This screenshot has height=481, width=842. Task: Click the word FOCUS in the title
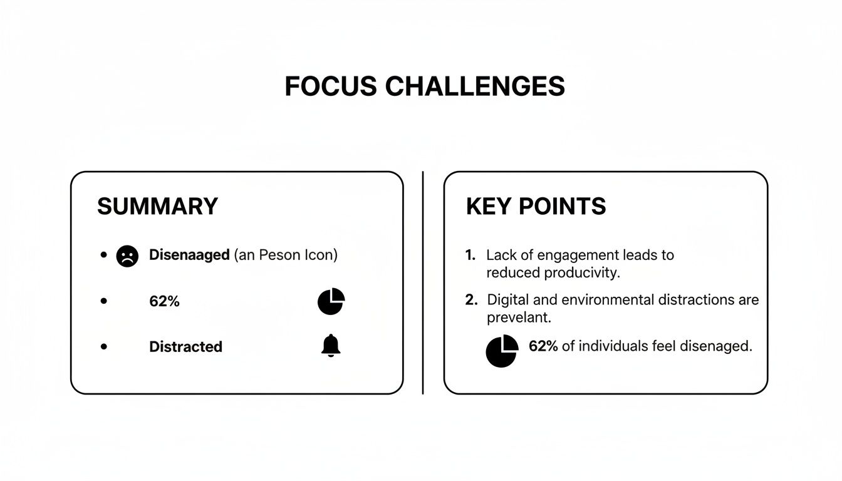331,86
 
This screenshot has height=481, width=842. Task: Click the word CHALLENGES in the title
475,86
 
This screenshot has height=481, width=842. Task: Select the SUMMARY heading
157,206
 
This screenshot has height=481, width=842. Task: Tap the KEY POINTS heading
536,206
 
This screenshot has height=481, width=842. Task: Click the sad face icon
127,256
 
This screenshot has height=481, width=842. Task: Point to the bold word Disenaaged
189,256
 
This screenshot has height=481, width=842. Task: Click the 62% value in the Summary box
164,301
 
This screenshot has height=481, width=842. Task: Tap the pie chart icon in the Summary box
331,301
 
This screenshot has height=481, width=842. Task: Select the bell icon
331,346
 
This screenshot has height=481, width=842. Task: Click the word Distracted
185,347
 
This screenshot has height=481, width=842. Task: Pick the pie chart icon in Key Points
502,350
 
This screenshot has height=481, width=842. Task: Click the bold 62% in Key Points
543,346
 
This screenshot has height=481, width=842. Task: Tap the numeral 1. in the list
470,256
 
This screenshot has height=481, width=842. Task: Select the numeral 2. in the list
471,300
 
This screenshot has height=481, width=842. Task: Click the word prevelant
519,318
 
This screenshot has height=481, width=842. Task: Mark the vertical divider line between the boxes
423,282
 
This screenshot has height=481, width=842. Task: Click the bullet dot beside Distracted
103,346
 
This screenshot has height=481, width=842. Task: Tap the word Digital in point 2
506,300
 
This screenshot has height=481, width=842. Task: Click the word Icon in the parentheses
318,256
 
